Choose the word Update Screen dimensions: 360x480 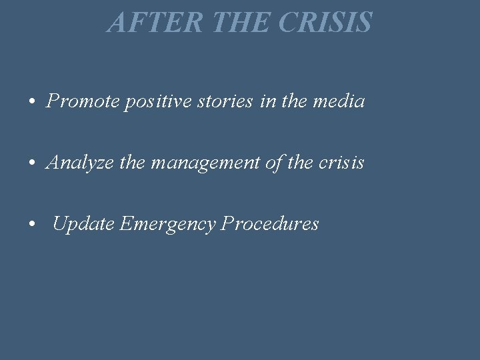(x=84, y=225)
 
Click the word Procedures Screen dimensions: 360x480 (x=270, y=224)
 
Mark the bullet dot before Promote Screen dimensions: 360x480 (x=32, y=103)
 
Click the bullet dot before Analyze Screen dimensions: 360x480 (x=32, y=164)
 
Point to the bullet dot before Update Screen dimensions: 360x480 (x=32, y=225)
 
